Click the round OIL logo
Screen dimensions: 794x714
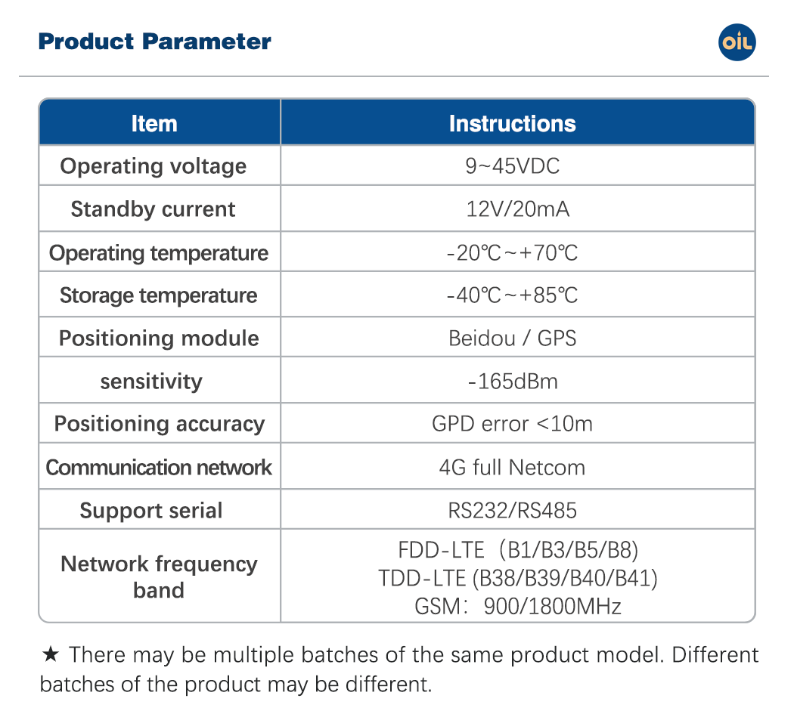point(737,42)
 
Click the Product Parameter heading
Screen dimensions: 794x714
point(155,42)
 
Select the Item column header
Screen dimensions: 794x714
point(154,123)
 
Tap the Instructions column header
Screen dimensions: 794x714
point(513,123)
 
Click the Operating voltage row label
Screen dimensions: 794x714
point(154,166)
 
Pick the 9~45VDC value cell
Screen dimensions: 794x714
point(513,166)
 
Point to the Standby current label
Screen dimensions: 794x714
point(153,209)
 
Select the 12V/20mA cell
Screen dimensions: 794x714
point(517,209)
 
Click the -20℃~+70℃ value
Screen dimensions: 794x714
point(512,252)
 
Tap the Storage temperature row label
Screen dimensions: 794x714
point(159,295)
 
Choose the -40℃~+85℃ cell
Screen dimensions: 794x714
point(512,295)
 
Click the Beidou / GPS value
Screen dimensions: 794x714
point(513,338)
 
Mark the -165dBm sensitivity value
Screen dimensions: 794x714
point(513,381)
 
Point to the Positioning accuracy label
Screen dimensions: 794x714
point(160,424)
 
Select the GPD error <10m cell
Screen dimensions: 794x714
point(512,424)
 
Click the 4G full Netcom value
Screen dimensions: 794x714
point(512,467)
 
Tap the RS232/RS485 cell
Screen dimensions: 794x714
point(513,511)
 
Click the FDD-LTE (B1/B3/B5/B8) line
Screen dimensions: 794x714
point(518,550)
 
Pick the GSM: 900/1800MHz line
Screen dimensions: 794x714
point(517,606)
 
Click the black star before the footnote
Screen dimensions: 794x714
point(51,654)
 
